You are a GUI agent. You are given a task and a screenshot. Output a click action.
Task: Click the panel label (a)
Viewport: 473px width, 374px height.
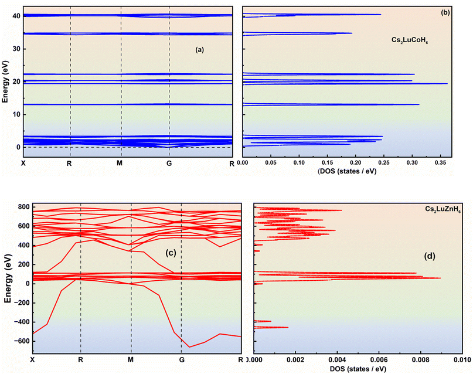200,50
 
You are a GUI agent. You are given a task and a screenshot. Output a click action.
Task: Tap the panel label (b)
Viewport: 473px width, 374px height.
445,12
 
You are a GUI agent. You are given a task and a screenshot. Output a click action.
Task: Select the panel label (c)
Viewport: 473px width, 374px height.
171,253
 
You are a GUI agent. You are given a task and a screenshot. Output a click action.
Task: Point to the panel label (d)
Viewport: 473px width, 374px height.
430,256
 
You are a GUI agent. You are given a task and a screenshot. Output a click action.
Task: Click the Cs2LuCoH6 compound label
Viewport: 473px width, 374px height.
410,40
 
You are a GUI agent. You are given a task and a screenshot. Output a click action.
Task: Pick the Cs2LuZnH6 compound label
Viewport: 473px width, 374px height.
443,209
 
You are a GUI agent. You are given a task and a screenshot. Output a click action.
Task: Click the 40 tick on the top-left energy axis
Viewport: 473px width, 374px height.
16,16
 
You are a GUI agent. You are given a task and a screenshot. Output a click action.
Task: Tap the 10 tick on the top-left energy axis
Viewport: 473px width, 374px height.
16,115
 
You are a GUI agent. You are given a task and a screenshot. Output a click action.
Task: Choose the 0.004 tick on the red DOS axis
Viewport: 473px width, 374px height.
337,360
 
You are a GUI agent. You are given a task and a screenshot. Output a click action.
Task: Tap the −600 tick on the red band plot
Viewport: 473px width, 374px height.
22,341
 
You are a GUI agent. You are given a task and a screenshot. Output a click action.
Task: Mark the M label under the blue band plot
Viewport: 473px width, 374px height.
120,163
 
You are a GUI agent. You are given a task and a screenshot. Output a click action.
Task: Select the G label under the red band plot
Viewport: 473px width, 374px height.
182,359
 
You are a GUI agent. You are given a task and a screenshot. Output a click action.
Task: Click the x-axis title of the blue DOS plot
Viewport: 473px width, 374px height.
347,171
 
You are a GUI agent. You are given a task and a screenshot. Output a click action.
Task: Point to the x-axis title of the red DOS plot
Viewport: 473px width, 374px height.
358,369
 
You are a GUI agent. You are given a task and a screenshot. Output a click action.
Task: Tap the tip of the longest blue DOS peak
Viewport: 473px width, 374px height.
447,84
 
